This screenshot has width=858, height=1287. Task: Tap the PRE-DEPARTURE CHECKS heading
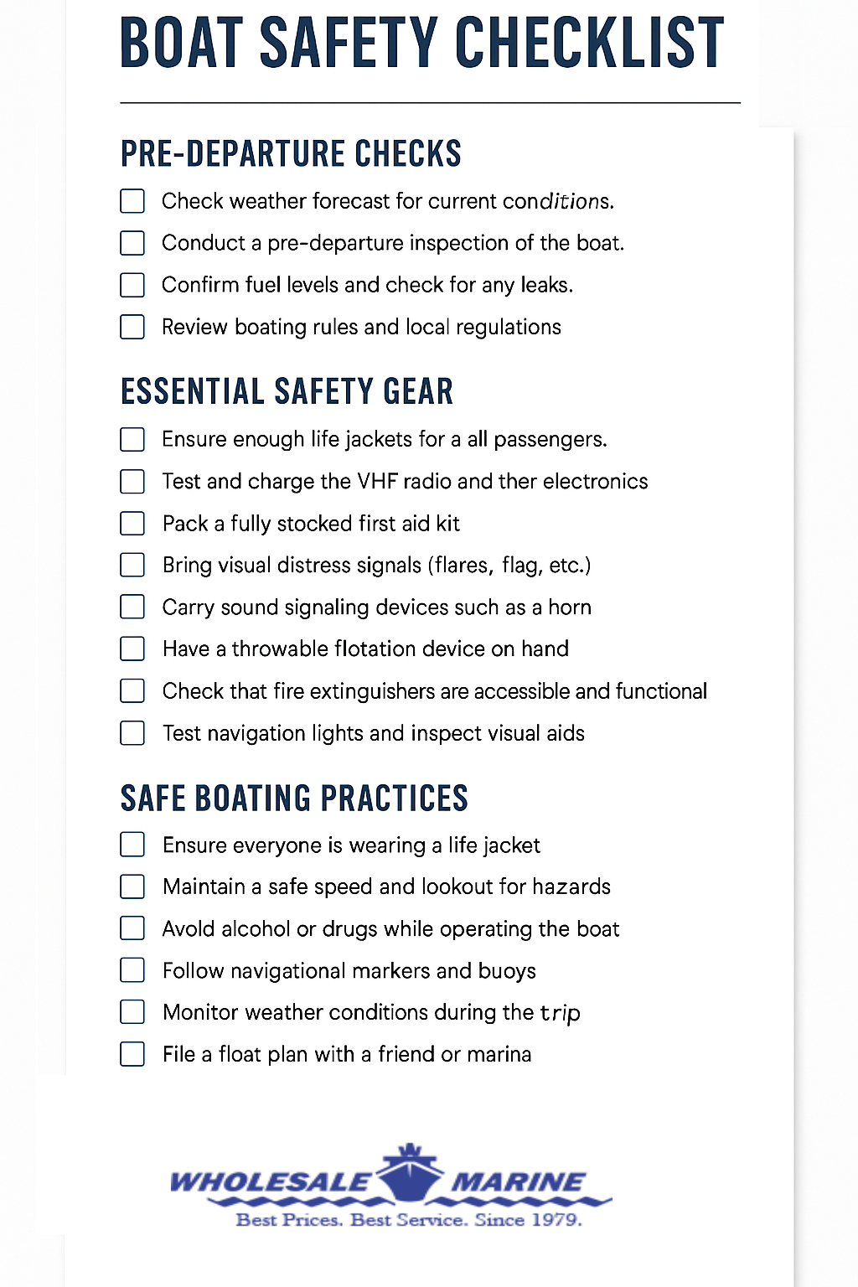coord(291,154)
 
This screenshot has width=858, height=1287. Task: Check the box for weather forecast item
coord(132,201)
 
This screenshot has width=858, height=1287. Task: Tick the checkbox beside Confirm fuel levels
coord(132,285)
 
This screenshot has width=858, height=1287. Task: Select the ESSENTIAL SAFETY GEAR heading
coord(287,392)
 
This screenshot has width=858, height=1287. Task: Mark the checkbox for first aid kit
coord(132,524)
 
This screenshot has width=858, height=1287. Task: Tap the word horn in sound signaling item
coord(570,607)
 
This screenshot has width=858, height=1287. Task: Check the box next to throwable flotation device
coord(132,649)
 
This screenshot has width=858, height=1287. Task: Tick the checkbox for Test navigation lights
coord(132,733)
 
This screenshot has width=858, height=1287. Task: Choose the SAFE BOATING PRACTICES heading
coord(294,799)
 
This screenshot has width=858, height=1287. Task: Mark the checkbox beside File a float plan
coord(132,1054)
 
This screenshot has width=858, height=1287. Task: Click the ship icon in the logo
coord(409,1168)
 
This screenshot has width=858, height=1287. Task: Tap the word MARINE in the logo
coord(518,1182)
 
